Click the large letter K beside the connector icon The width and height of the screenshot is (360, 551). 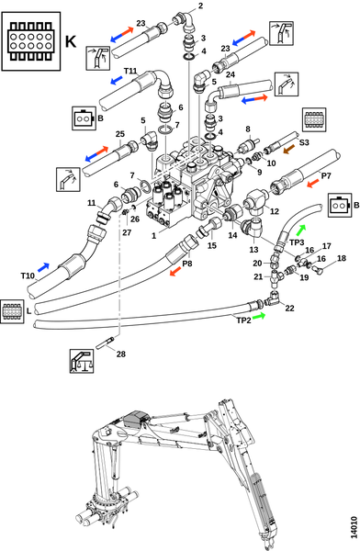point(71,41)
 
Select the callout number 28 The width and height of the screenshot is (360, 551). point(121,354)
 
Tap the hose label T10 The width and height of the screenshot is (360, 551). point(28,275)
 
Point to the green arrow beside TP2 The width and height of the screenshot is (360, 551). point(259,316)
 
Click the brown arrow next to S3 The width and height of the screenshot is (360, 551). point(289,149)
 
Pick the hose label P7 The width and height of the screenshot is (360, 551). point(326,175)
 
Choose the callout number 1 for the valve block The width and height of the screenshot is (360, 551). point(153,236)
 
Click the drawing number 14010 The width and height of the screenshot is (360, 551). point(354,527)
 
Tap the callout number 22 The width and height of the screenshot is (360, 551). point(289,309)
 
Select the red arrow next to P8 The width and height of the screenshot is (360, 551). point(175,272)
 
